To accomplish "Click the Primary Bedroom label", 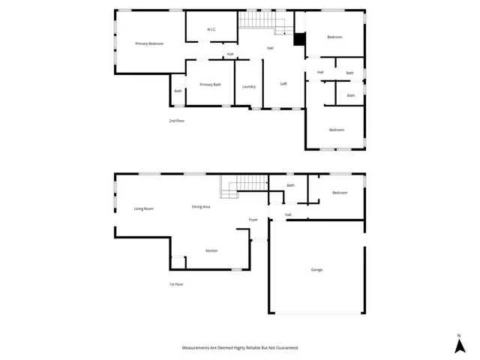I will pos(149,44).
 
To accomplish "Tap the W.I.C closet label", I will pos(211,30).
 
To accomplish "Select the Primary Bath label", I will pos(210,85).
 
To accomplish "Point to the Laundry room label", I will pos(249,87).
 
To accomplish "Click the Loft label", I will pos(283,84).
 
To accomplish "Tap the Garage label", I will pos(317,270).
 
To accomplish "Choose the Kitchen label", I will pos(211,250).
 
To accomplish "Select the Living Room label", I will pos(143,208).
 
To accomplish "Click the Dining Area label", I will pos(201,206).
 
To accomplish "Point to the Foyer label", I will pos(253,220).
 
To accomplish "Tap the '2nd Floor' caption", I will pos(176,121).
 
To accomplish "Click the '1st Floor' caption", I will pos(176,284).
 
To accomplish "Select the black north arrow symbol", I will pos(458,346).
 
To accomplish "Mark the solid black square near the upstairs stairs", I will pos(299,40).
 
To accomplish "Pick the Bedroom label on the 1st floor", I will pos(340,193).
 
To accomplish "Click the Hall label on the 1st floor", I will pos(288,215).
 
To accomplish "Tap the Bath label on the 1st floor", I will pos(290,185).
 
